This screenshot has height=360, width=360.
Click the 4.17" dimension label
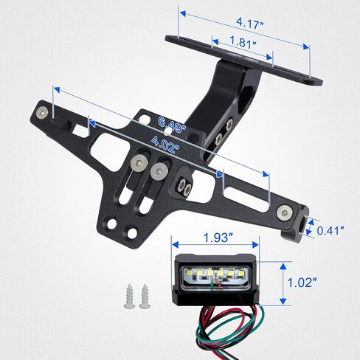pos(250,24)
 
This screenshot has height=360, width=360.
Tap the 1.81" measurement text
pos(243,42)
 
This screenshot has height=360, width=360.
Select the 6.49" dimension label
pos(172,125)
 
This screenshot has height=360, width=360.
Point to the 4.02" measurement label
pos(165,145)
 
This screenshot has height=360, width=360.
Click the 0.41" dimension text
pos(330,230)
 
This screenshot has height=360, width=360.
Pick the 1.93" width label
pos(218,238)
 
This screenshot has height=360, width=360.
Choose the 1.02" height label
pos(302,283)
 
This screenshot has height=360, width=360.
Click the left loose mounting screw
pos(130,296)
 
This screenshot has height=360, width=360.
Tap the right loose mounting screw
pos(145,296)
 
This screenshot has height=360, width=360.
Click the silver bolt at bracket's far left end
pos(42,113)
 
